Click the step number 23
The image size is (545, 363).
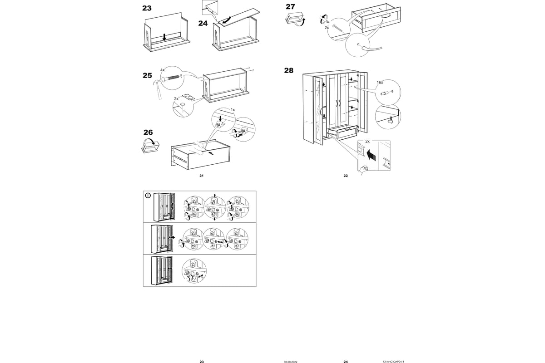click(x=147, y=8)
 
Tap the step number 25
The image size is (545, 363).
click(x=147, y=76)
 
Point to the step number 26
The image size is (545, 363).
click(x=148, y=132)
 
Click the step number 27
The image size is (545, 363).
click(x=290, y=7)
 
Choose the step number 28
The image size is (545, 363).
click(x=289, y=71)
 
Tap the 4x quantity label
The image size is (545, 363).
click(x=162, y=70)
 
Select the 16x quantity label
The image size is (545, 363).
click(x=380, y=83)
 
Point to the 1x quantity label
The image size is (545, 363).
click(x=233, y=110)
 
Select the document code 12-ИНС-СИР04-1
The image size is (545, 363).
click(x=393, y=362)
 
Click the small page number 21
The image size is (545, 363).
click(x=201, y=175)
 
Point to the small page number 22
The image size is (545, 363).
click(x=346, y=175)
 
